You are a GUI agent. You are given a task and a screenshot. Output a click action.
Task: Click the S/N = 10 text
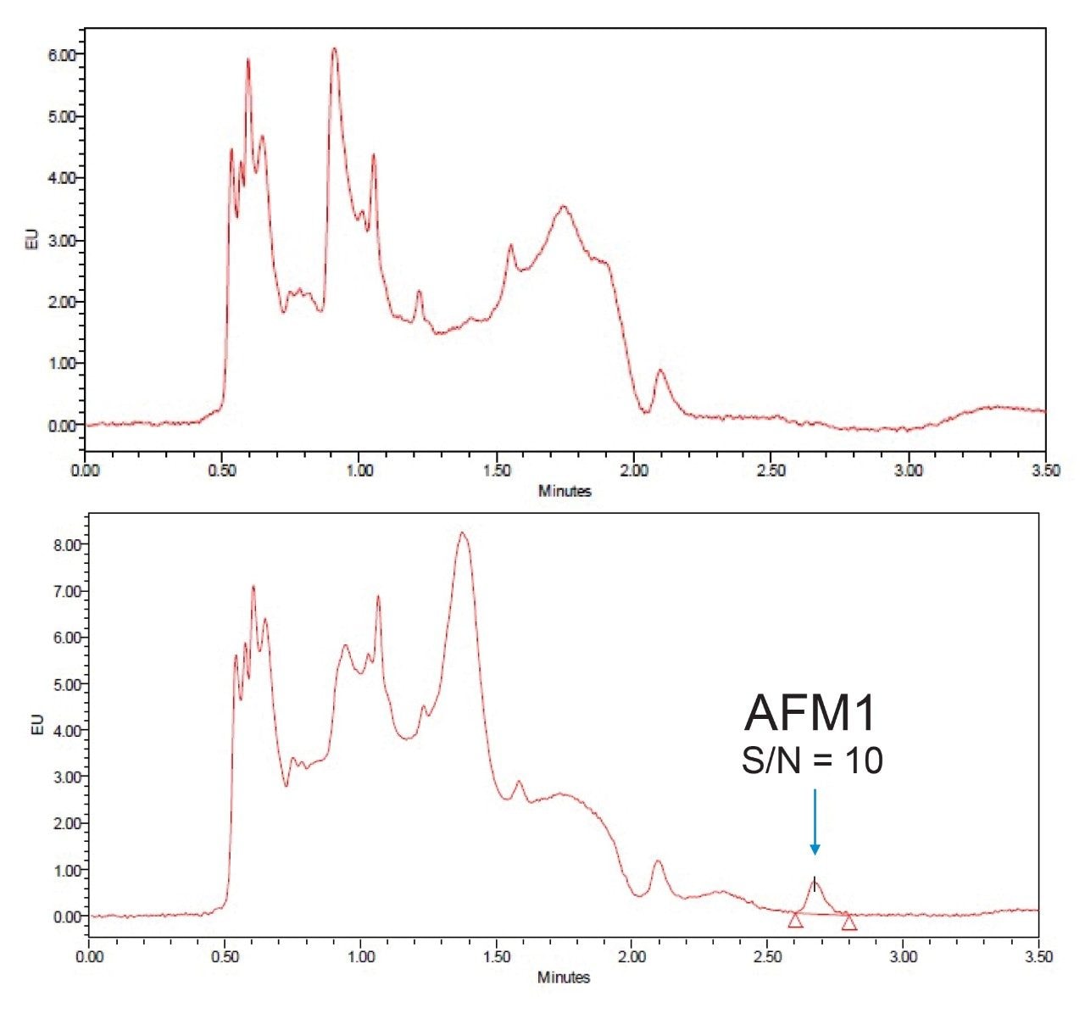[812, 761]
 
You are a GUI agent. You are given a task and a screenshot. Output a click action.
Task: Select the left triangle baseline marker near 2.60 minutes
[795, 920]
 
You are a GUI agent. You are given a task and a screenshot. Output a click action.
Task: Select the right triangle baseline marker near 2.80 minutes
[849, 922]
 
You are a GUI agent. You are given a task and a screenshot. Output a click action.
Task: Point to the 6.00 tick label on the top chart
[61, 54]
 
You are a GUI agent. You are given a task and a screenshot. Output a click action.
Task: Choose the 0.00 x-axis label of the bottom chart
[89, 956]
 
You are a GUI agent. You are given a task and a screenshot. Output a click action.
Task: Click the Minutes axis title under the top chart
[565, 491]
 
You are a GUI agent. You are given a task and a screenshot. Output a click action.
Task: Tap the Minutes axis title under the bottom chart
[564, 978]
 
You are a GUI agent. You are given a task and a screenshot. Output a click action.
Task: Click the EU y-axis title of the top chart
[32, 240]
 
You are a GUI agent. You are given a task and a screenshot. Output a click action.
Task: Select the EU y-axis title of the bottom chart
[36, 726]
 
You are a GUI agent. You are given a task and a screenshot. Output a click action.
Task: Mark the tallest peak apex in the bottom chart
[462, 533]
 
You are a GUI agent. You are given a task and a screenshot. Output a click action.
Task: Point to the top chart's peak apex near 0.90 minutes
[334, 49]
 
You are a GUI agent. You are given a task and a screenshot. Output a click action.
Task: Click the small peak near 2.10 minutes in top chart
[661, 370]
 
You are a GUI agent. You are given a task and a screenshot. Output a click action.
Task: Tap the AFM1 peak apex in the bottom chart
[815, 880]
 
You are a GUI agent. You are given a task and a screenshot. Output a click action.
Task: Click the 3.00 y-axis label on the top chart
[61, 240]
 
